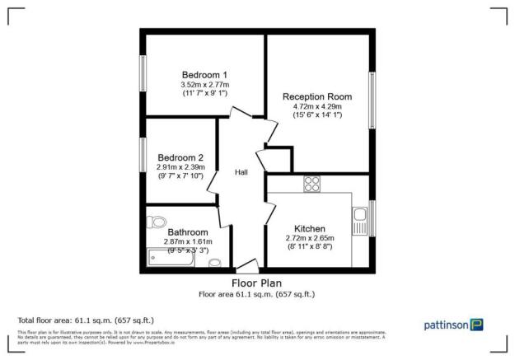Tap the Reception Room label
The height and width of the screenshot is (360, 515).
pyautogui.click(x=317, y=96)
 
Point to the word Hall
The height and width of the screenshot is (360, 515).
pyautogui.click(x=241, y=172)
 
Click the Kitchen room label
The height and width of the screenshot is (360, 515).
pyautogui.click(x=310, y=228)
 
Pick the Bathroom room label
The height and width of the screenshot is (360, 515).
pyautogui.click(x=189, y=232)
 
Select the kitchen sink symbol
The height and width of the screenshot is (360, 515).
pyautogui.click(x=360, y=220)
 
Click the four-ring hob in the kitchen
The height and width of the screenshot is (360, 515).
pyautogui.click(x=312, y=183)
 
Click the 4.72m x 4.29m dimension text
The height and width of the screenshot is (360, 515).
pyautogui.click(x=318, y=106)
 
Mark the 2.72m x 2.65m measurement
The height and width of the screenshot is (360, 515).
pyautogui.click(x=310, y=238)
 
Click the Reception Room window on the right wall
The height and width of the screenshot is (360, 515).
pyautogui.click(x=372, y=101)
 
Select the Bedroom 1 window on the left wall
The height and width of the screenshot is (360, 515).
pyautogui.click(x=143, y=78)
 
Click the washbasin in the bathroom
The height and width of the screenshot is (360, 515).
pyautogui.click(x=215, y=262)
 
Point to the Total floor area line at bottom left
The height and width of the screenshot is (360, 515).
pyautogui.click(x=86, y=320)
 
